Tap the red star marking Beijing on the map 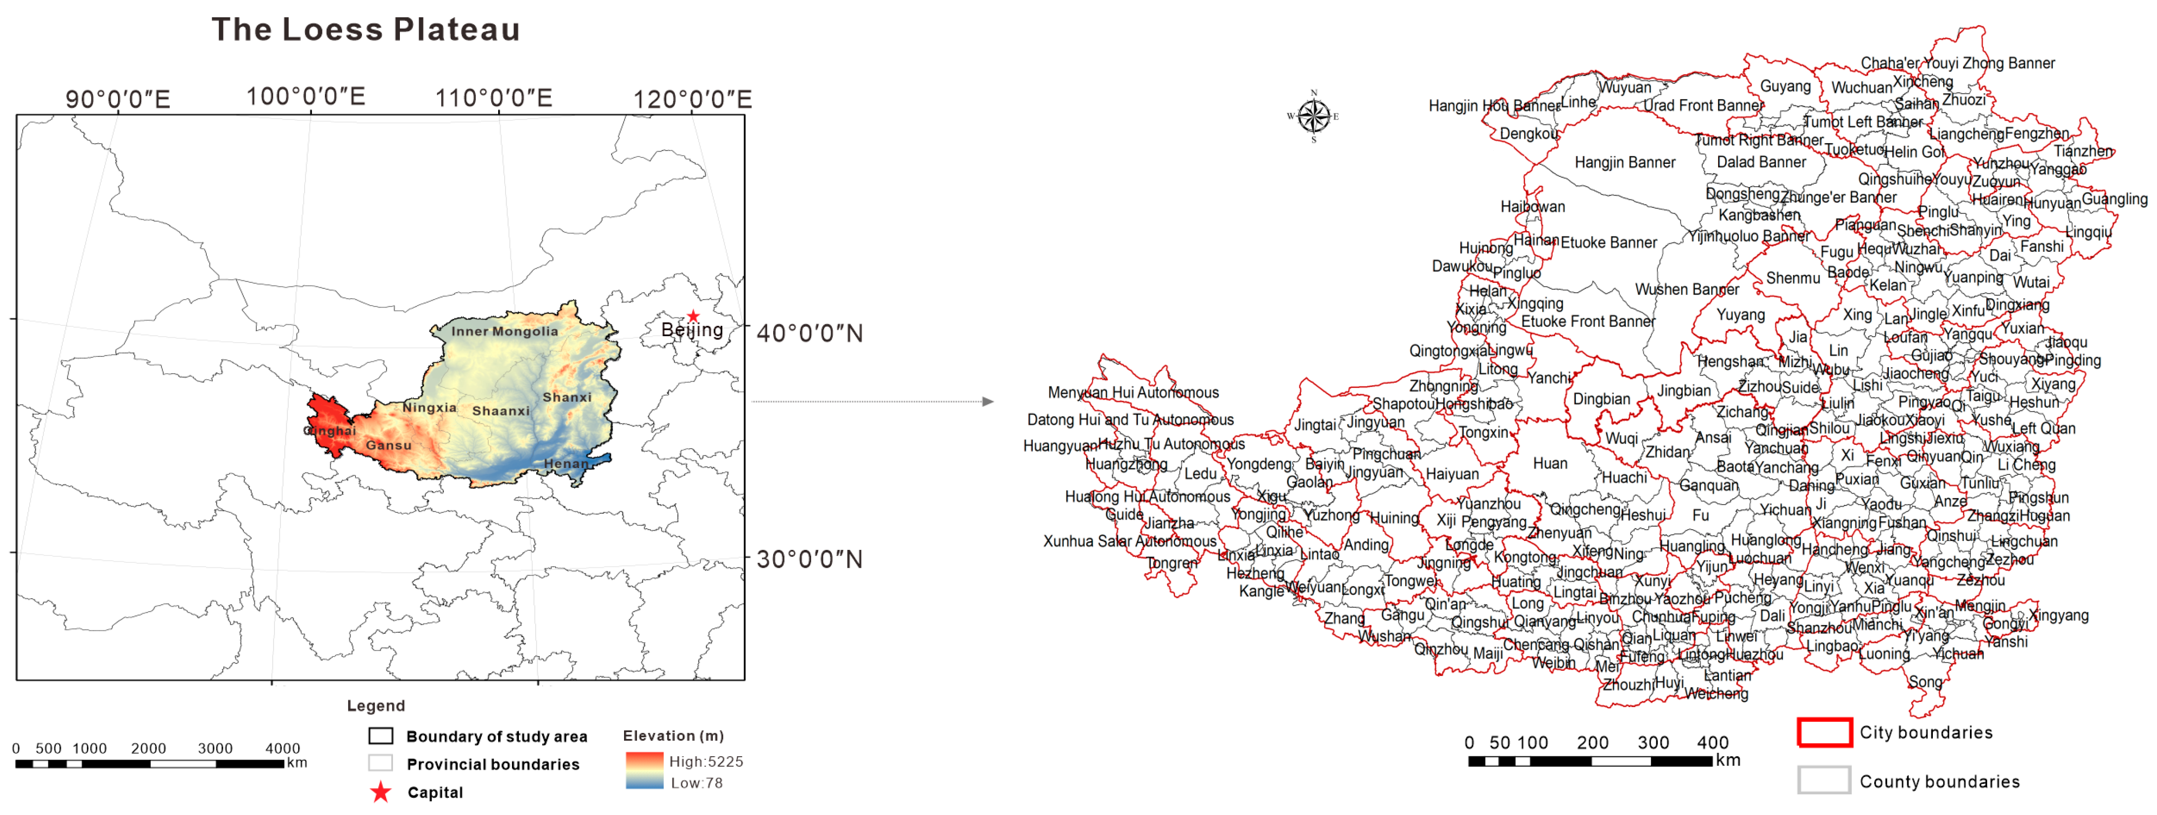click(693, 316)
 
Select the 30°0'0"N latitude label click(809, 559)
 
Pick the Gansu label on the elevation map click(389, 445)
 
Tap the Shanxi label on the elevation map click(567, 397)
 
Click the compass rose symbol click(1313, 116)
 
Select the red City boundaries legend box click(1824, 732)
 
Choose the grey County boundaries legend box click(1824, 780)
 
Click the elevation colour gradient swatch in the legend click(644, 771)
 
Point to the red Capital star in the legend click(381, 791)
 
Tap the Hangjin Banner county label click(1624, 162)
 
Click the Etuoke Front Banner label click(1588, 322)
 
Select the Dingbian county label click(1601, 399)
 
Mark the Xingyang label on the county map click(2058, 616)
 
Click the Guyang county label click(1785, 86)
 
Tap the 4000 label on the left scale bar click(282, 748)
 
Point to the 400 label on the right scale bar click(1712, 742)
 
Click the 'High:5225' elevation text click(706, 761)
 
